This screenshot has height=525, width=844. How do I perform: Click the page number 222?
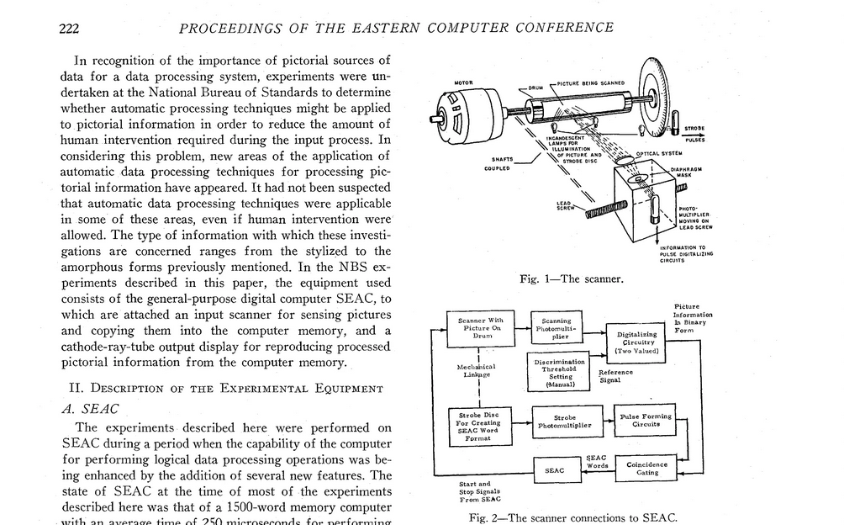pos(69,28)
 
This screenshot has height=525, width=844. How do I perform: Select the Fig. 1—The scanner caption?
pos(571,279)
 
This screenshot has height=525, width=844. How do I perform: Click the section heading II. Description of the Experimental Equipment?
pos(226,388)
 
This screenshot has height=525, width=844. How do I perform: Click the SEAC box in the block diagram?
pos(555,470)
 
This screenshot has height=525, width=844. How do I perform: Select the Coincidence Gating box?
pos(647,469)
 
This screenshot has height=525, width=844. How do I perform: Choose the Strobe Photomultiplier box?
pos(564,421)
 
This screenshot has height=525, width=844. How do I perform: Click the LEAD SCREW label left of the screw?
pos(565,205)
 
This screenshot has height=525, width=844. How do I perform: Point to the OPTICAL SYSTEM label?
pos(657,154)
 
